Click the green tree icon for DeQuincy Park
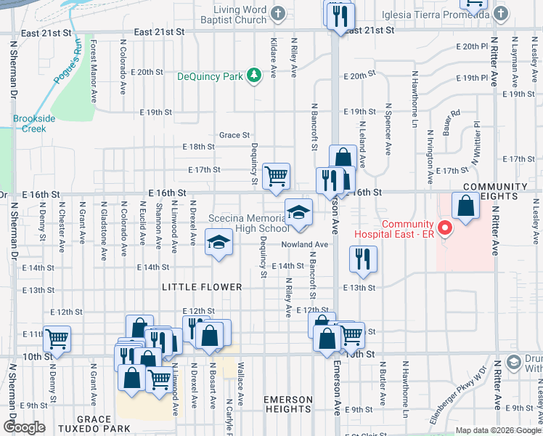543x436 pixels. click(x=253, y=75)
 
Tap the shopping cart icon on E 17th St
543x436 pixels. click(x=276, y=176)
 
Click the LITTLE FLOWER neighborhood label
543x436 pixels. click(x=202, y=288)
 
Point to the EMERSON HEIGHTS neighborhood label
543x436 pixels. click(x=288, y=405)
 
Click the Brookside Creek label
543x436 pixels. click(x=29, y=124)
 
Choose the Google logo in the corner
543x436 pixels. click(x=24, y=427)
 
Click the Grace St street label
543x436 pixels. click(x=234, y=135)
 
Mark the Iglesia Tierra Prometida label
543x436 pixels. click(x=420, y=15)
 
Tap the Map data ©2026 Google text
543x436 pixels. click(x=498, y=430)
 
